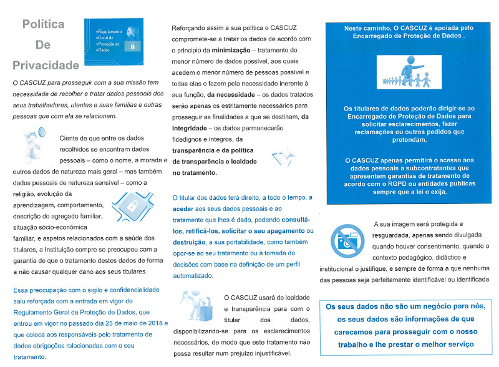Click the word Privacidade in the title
(x=46, y=65)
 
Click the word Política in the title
(x=44, y=24)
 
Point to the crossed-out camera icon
(x=345, y=240)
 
